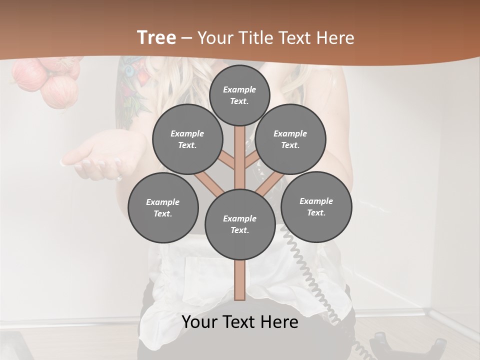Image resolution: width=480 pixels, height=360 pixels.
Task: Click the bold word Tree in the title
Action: coord(156,37)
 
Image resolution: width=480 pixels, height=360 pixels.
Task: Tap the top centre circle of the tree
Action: coord(239,95)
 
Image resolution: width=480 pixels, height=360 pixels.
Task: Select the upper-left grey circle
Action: coord(187,139)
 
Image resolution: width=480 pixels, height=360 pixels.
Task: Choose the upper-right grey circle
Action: coord(290,139)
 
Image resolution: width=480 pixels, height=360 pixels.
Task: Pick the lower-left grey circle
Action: coord(163,208)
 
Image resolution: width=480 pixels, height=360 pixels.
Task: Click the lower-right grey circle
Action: coord(316,206)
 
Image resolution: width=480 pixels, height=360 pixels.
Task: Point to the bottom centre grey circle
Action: coord(240,224)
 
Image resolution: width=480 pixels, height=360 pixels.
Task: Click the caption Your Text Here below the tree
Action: coord(240,322)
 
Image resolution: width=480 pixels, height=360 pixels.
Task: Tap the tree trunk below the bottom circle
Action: coord(240,280)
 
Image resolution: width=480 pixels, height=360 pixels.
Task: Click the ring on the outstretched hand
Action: coord(119,177)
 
